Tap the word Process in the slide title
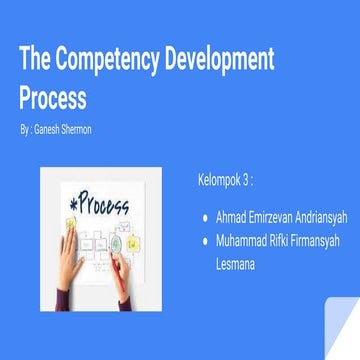(52, 99)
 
